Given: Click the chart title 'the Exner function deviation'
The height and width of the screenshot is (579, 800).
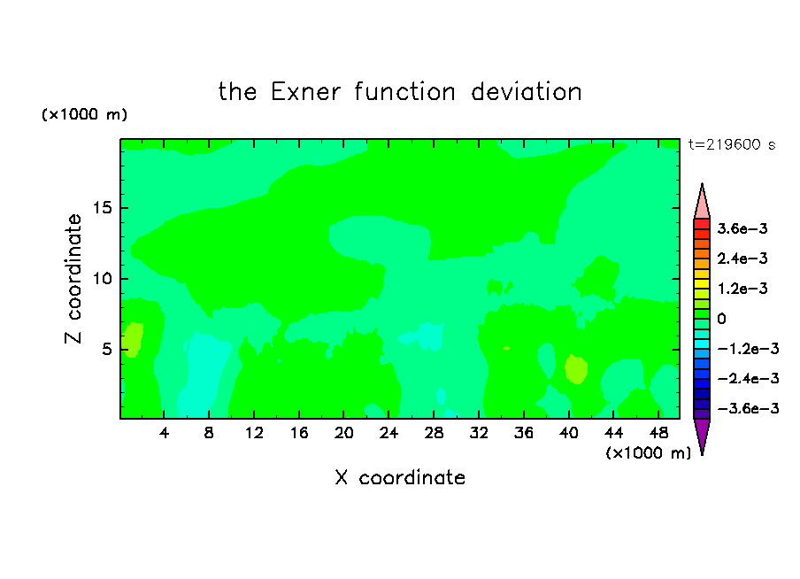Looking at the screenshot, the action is coord(400,92).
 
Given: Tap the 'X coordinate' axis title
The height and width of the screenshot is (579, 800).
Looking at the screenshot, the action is coord(400,477).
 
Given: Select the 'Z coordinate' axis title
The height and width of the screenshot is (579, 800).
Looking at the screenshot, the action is coord(73,279).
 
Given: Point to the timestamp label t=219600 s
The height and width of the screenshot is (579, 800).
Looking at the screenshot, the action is coord(732,144).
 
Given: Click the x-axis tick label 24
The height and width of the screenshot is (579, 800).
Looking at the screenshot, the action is coord(388,433).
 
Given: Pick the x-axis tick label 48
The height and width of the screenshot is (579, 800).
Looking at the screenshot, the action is coord(658,433).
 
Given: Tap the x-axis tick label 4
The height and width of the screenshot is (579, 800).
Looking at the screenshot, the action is coord(164,433).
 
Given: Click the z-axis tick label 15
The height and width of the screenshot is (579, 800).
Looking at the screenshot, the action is coord(102,208).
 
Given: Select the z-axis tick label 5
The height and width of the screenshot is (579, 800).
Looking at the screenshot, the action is coord(106,349).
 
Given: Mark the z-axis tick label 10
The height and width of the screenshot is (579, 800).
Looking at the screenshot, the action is coord(102,279).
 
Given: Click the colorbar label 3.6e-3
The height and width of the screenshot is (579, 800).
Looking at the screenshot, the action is coord(742,228).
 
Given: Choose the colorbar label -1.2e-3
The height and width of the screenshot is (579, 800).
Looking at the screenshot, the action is coord(748,349).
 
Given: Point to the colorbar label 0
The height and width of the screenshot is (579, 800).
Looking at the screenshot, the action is coord(721,319).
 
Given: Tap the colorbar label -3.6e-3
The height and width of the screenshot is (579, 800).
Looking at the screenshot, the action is coord(748,408).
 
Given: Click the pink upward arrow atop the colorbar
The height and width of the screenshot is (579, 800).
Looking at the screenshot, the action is coord(702,204).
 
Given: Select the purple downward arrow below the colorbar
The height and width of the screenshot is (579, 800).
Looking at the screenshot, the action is coord(702,434).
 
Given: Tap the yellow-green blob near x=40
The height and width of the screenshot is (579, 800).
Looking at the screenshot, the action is coord(576,368).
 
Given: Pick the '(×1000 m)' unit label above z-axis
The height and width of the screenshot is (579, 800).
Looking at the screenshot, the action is coord(84,114).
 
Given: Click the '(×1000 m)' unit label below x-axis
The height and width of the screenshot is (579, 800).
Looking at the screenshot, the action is coord(648,453).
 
